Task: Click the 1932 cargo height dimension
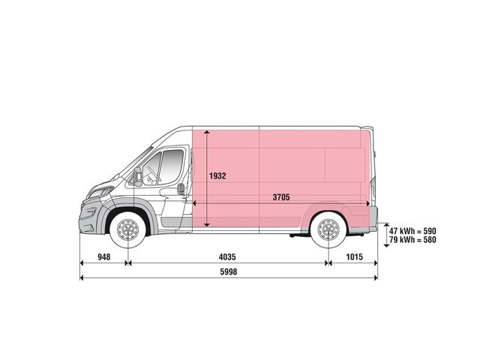click(x=217, y=176)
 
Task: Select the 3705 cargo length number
click(x=281, y=197)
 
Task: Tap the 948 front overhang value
click(x=104, y=256)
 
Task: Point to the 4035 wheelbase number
click(x=227, y=256)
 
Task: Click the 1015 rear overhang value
click(x=354, y=256)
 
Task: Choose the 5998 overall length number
click(x=228, y=271)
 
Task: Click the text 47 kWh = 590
click(x=412, y=231)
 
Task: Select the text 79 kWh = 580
click(x=412, y=239)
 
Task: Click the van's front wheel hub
click(x=127, y=229)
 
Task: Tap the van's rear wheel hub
click(x=328, y=229)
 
